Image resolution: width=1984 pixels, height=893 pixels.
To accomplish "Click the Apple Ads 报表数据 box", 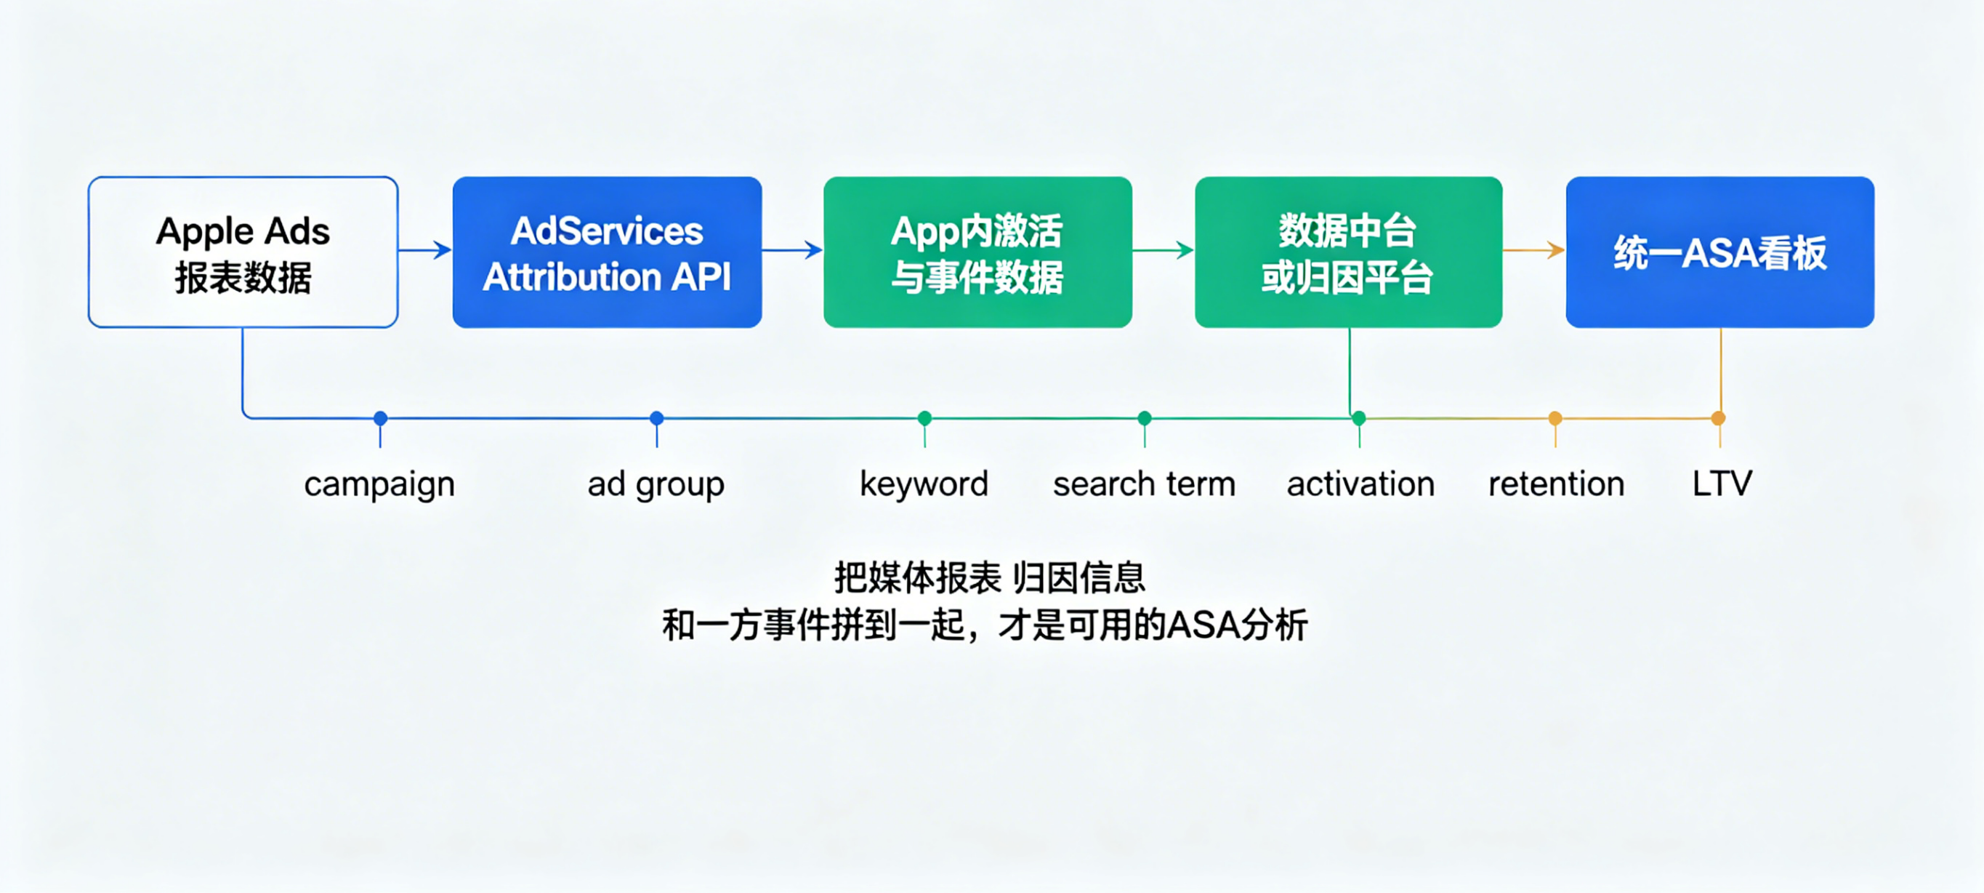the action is pyautogui.click(x=243, y=252).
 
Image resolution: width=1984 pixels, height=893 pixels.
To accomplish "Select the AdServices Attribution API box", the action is pyautogui.click(x=607, y=252).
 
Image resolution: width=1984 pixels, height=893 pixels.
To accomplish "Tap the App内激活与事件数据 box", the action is pyautogui.click(x=977, y=252).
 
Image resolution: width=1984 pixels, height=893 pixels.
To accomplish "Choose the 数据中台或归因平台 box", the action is pyautogui.click(x=1349, y=252).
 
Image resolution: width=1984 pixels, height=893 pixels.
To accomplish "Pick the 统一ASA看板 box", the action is pyautogui.click(x=1719, y=252).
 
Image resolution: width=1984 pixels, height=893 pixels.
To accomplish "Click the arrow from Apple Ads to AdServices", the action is pyautogui.click(x=425, y=249).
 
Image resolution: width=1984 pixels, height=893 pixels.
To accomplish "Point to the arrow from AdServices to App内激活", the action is pyautogui.click(x=793, y=249).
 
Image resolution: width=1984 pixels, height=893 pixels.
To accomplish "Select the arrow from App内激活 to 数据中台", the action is pyautogui.click(x=1163, y=249).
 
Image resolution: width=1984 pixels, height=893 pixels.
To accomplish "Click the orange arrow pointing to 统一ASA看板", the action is pyautogui.click(x=1534, y=249).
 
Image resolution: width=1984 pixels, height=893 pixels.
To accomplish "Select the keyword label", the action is pyautogui.click(x=924, y=484).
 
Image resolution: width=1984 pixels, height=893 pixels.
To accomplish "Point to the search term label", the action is pyautogui.click(x=1145, y=484).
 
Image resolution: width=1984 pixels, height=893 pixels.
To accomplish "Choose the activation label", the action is pyautogui.click(x=1361, y=484).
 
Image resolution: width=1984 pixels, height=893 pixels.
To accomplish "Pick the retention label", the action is pyautogui.click(x=1557, y=484).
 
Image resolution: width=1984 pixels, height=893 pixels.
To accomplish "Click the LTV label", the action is pyautogui.click(x=1722, y=484).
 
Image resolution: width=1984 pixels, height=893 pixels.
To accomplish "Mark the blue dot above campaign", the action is pyautogui.click(x=381, y=418).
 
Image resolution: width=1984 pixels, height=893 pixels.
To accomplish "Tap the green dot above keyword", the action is pyautogui.click(x=925, y=418).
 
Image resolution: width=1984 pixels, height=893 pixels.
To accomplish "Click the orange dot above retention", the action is pyautogui.click(x=1556, y=418).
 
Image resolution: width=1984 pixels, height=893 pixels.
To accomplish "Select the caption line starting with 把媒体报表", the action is pyautogui.click(x=991, y=578).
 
